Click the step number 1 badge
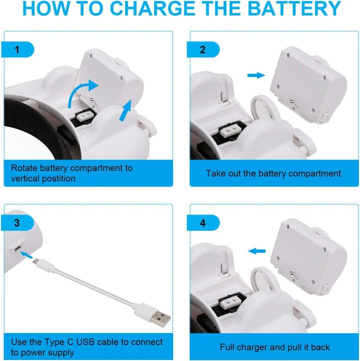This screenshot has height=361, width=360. [18, 50]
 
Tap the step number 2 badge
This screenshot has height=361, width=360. [203, 50]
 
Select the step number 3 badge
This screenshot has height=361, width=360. [18, 223]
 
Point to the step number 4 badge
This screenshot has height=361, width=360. [203, 223]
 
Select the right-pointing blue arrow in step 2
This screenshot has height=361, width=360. [256, 75]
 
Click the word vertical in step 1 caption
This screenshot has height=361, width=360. [26, 178]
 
